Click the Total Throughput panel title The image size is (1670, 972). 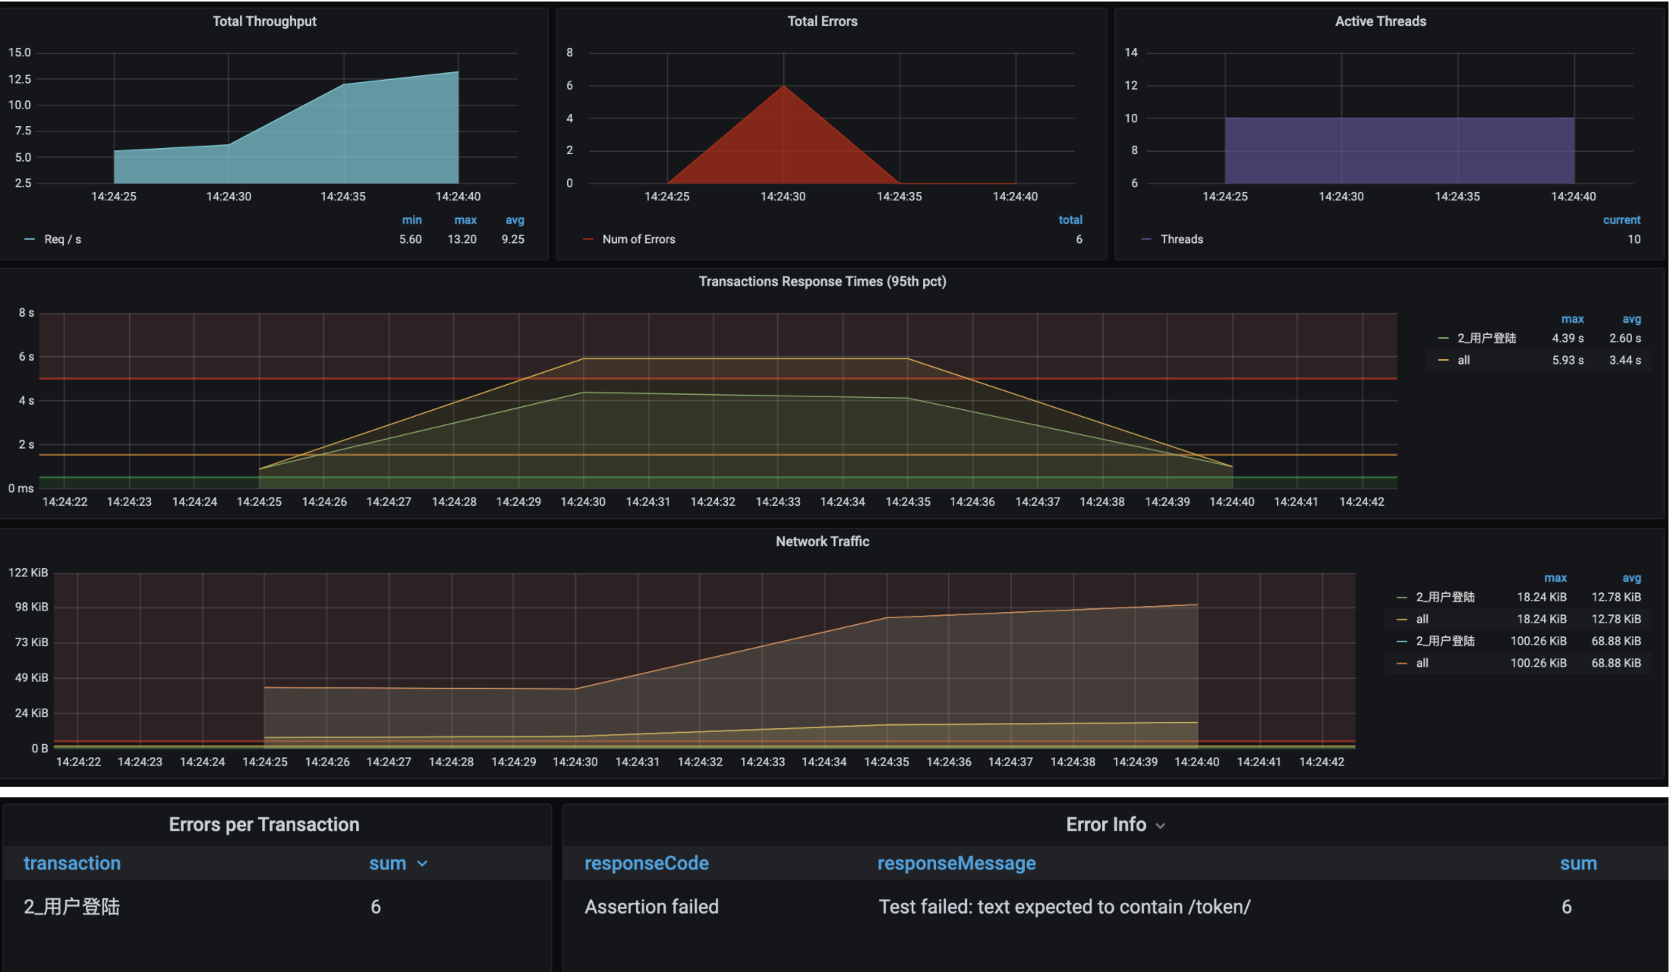[x=264, y=21]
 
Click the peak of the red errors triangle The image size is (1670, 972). [x=783, y=87]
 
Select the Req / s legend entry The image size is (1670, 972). [x=62, y=239]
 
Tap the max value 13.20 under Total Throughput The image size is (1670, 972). [x=462, y=239]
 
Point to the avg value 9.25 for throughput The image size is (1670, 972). [x=512, y=239]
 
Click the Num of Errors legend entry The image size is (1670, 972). [x=638, y=239]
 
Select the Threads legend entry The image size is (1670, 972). [x=1181, y=239]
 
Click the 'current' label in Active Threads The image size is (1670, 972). [x=1621, y=220]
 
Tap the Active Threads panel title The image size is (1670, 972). [x=1380, y=21]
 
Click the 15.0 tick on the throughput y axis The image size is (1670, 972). [x=20, y=52]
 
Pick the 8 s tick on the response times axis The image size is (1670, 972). [x=27, y=313]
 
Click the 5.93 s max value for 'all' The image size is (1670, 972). [x=1568, y=360]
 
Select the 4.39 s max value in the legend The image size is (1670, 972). [x=1568, y=338]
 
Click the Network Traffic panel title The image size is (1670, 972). [x=822, y=541]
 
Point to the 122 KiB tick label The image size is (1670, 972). [x=28, y=573]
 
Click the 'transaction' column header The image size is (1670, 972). [x=72, y=863]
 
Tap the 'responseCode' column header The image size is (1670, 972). [x=646, y=863]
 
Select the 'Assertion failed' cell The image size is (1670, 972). [x=651, y=907]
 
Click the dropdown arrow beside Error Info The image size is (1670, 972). [x=1161, y=826]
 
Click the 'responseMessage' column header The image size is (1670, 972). [x=956, y=863]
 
